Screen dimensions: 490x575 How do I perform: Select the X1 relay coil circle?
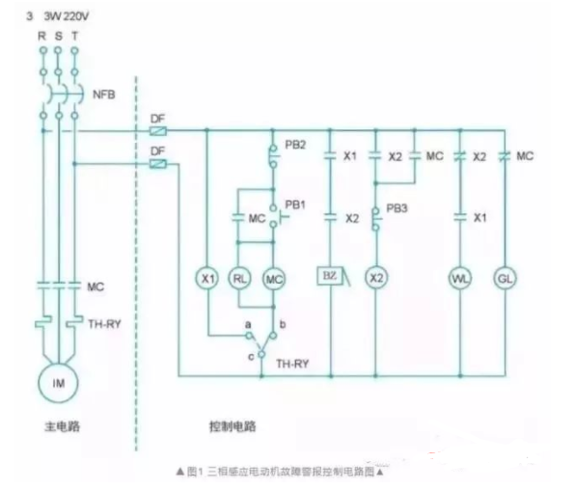coord(206,278)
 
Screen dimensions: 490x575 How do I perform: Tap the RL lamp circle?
coord(240,278)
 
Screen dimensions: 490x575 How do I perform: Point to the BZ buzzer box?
coord(328,278)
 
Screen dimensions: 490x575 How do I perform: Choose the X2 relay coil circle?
coord(376,278)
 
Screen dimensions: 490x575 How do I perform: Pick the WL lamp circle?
coord(459,278)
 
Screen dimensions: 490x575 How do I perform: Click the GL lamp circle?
coord(504,278)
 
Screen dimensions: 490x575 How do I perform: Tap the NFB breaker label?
coord(104,96)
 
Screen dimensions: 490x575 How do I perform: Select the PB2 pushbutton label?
coord(294,145)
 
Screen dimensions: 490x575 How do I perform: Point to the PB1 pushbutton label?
coord(294,205)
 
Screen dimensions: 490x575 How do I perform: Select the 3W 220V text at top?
coord(68,15)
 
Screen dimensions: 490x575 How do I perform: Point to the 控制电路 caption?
coord(233,424)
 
